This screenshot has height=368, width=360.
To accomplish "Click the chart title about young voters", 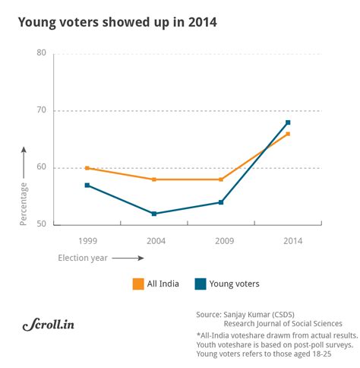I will (118, 23).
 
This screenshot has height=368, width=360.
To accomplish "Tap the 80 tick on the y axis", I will (41, 53).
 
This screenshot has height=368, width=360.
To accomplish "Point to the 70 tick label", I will (41, 110).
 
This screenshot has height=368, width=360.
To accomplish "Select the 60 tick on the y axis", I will (41, 167).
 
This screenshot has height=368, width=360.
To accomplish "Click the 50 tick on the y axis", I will (41, 224).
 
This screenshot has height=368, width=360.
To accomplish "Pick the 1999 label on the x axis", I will (87, 240).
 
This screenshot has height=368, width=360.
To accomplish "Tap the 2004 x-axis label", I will (154, 240).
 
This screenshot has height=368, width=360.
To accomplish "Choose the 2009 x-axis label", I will (221, 240).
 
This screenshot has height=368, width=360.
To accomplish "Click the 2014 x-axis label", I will (288, 240).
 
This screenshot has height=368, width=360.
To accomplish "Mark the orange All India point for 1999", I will (87, 168).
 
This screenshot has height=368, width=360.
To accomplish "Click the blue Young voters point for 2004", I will (154, 214).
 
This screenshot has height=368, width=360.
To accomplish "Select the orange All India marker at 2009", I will (221, 179).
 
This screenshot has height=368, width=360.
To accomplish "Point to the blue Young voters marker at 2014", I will (288, 122).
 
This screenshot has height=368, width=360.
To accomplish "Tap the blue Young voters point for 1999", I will (87, 185).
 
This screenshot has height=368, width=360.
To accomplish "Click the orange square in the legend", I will (138, 284).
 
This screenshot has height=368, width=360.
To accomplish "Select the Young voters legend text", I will (236, 284).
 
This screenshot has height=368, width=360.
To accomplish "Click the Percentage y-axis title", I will (24, 202).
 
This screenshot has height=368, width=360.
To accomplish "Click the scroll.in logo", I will (47, 325).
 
